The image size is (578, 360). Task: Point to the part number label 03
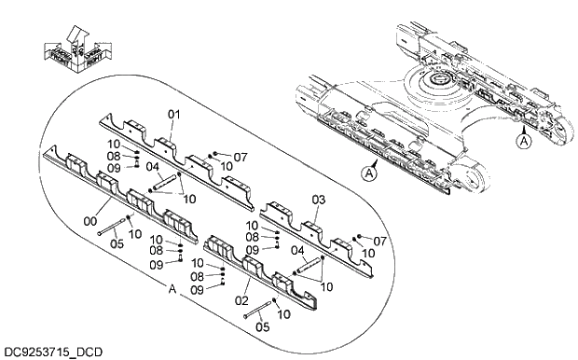[x=318, y=200]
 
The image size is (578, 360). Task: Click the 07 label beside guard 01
[x=241, y=156]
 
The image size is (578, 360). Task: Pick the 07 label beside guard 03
[x=379, y=242]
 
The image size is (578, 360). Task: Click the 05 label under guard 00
[x=117, y=245]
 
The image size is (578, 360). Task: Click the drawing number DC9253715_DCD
[x=53, y=352]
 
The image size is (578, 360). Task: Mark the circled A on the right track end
[x=524, y=141]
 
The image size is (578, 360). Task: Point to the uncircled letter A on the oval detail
[x=172, y=291]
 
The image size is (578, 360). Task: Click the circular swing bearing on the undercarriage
[x=437, y=86]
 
